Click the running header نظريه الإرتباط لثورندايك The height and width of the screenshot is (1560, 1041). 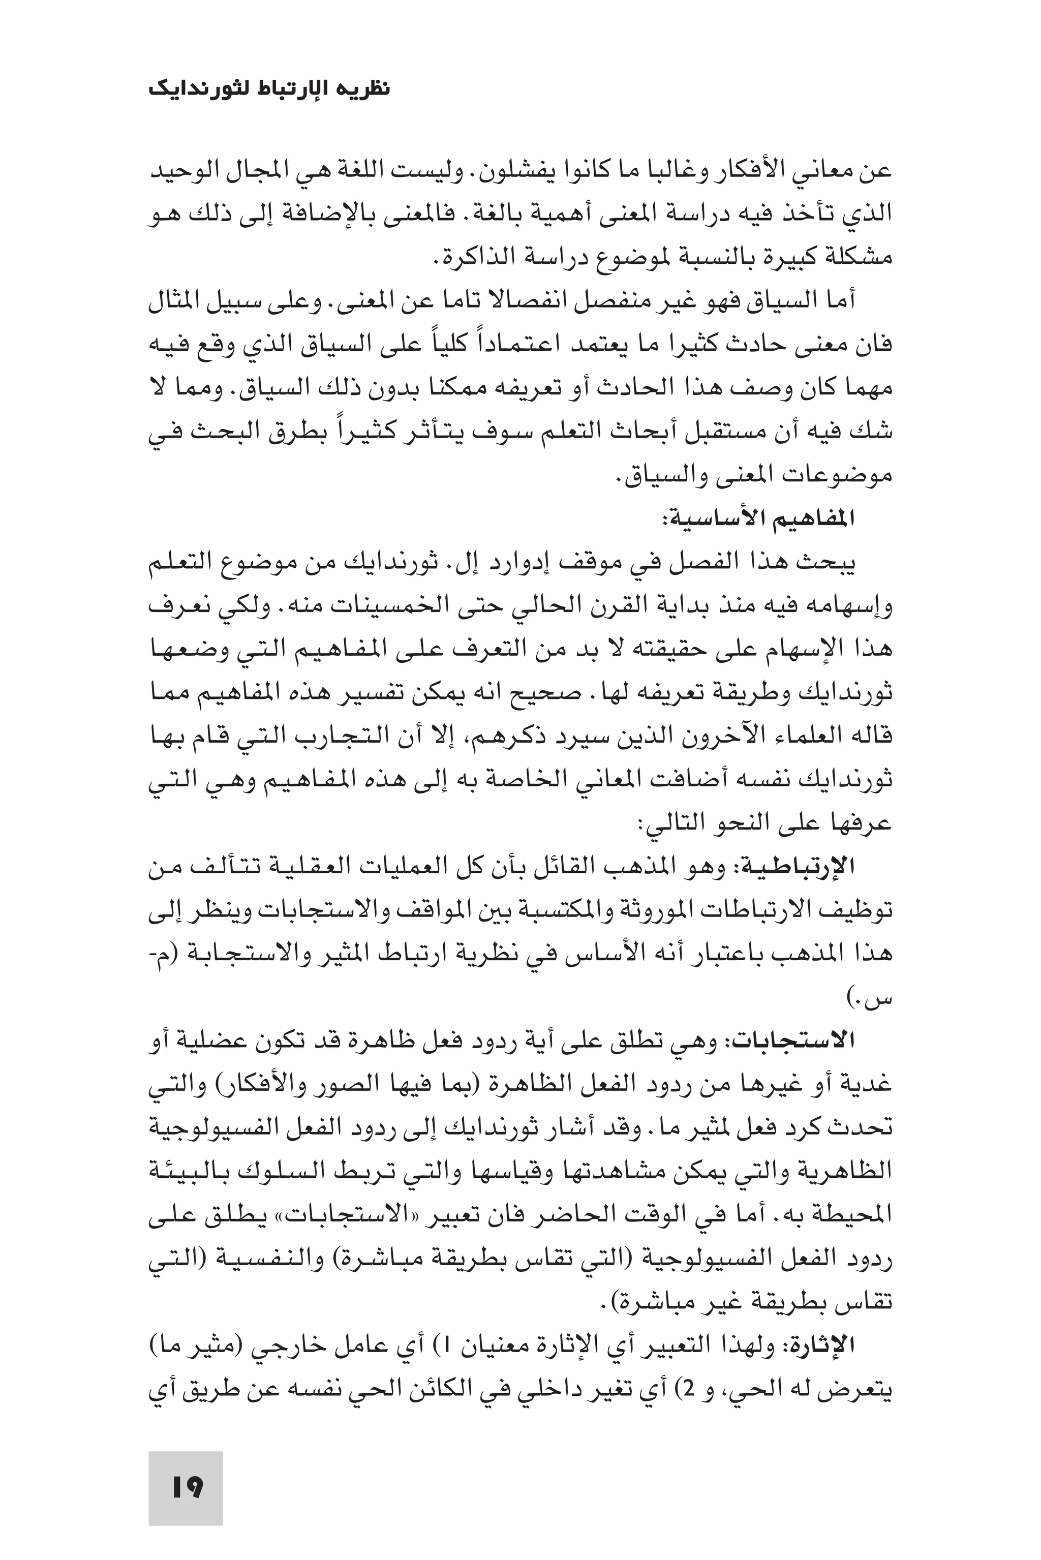pos(269,88)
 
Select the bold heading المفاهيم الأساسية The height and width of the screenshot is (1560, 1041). pos(757,519)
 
